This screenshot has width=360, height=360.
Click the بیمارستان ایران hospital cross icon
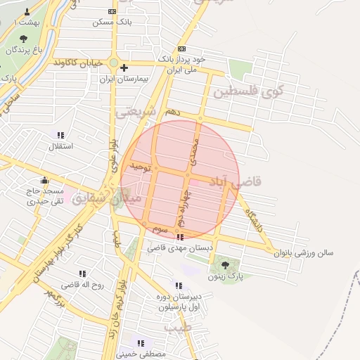(124, 68)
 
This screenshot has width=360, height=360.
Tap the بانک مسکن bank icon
(112, 12)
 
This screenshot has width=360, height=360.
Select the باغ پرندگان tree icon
(24, 39)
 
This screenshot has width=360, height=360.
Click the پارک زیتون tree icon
(225, 265)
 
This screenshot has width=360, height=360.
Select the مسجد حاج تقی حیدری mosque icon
(45, 180)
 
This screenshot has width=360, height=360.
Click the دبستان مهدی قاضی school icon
(180, 237)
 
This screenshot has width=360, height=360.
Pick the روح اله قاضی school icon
(82, 274)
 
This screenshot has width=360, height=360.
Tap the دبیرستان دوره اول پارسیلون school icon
(179, 285)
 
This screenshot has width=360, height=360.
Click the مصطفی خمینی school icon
(141, 342)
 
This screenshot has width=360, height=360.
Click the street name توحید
(140, 166)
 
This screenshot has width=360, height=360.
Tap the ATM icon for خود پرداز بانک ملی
(182, 49)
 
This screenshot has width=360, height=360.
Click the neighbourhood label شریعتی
(132, 112)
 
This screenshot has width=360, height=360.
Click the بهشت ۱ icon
(27, 12)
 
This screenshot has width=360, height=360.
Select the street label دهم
(173, 112)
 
